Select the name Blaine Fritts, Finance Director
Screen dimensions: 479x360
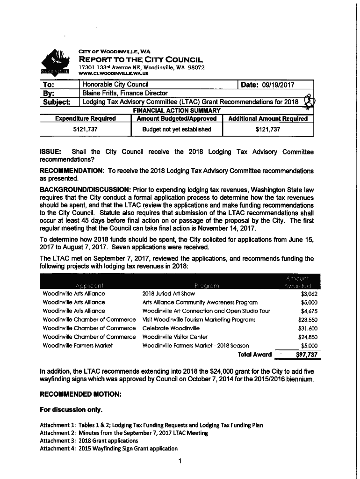point(125,93)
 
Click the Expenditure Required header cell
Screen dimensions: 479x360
point(86,119)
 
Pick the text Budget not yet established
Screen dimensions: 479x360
point(176,129)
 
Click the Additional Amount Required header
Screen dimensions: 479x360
point(268,119)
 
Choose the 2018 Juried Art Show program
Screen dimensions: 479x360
point(168,294)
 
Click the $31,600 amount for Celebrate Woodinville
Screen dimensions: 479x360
point(308,328)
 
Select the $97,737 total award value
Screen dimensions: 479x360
point(307,355)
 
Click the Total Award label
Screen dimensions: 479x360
point(255,355)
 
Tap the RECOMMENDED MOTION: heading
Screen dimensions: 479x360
point(80,395)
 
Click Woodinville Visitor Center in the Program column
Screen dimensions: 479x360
point(175,337)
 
